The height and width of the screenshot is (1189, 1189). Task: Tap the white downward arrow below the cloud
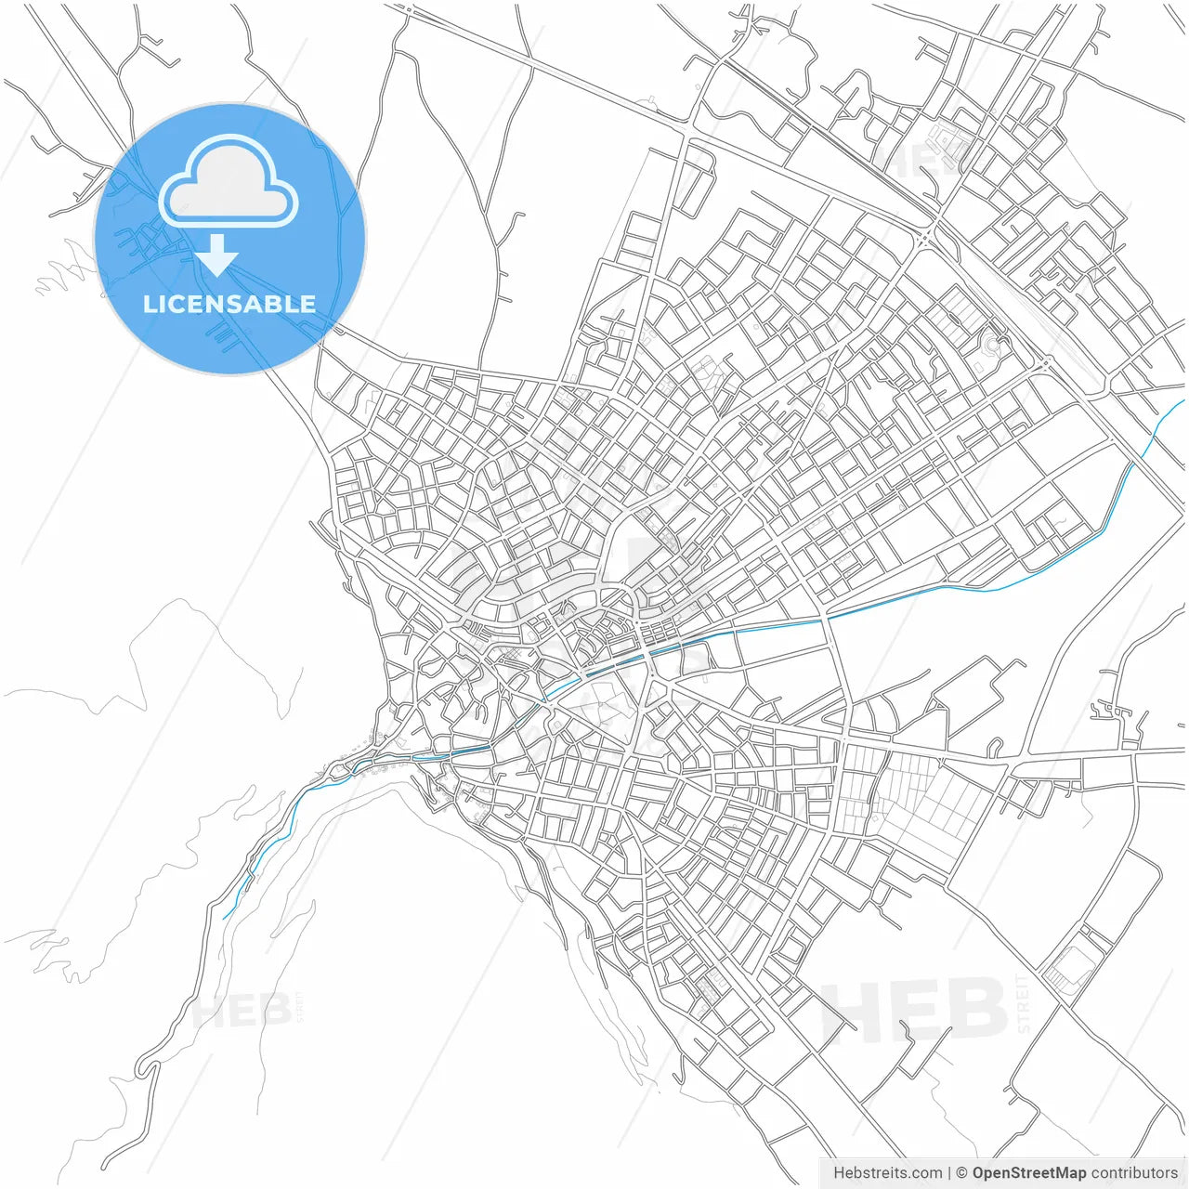(x=217, y=255)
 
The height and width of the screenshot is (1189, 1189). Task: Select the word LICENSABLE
(x=229, y=304)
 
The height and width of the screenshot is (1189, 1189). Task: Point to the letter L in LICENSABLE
(x=150, y=304)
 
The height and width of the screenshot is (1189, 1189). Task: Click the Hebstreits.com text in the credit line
(x=887, y=1173)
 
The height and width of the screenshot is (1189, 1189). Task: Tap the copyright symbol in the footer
(x=961, y=1173)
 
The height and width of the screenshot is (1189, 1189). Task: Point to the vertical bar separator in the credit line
(x=949, y=1173)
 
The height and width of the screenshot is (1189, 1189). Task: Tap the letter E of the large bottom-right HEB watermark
(x=923, y=1011)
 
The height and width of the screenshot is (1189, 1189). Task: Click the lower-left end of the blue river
(x=225, y=918)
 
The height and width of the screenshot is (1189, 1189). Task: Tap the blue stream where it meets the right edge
(x=1183, y=401)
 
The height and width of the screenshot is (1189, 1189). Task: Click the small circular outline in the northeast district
(x=991, y=346)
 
